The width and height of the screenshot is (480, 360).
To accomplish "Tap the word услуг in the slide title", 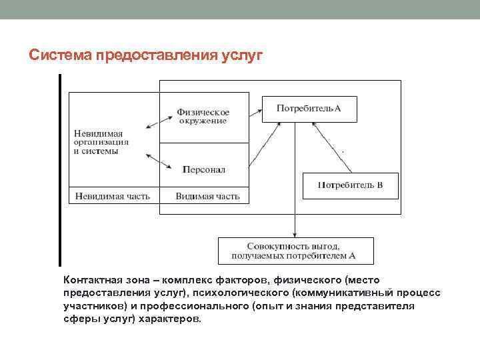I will pos(243,53).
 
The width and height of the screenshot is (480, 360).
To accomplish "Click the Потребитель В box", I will pos(350,185).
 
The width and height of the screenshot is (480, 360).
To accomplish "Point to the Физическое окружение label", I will pos(203,116).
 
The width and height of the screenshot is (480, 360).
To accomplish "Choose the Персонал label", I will pos(204,169).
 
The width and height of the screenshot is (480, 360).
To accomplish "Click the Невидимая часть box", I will pos(113,196).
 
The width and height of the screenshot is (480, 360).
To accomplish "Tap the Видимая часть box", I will pos(207,196).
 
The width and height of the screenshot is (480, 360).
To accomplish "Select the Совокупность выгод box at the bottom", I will pos(296,251).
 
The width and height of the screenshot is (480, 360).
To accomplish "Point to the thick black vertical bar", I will pos(60,170).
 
